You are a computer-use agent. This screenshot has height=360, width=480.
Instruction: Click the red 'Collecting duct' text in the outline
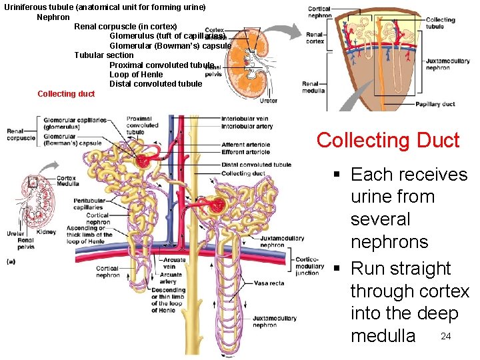click(x=66, y=94)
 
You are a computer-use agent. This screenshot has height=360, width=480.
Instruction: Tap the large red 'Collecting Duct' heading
click(x=387, y=141)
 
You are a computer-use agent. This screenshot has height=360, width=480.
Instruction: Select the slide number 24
click(x=446, y=336)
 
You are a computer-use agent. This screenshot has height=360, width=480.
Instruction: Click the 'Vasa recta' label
click(x=269, y=283)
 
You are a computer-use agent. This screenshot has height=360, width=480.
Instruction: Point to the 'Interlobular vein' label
click(x=246, y=119)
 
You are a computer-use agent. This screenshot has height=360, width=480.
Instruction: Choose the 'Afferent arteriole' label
click(x=246, y=144)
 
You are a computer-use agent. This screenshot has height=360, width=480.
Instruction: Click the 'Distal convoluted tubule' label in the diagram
click(x=256, y=165)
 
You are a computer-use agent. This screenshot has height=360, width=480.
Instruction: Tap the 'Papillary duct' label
click(x=435, y=105)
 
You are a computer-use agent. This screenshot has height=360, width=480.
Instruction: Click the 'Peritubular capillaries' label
click(x=89, y=204)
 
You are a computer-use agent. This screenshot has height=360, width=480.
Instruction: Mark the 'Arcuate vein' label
click(x=174, y=263)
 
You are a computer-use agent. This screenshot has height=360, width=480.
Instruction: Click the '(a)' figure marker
click(x=11, y=261)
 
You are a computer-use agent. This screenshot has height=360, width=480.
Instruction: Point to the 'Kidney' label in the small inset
click(x=47, y=233)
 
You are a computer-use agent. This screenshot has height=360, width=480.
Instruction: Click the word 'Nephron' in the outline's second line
click(x=53, y=17)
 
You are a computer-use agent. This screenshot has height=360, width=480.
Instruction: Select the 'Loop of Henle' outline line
click(x=136, y=75)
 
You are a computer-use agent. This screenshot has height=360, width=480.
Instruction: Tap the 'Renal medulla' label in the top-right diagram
click(x=313, y=87)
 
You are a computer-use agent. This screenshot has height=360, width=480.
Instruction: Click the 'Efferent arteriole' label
click(x=246, y=152)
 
